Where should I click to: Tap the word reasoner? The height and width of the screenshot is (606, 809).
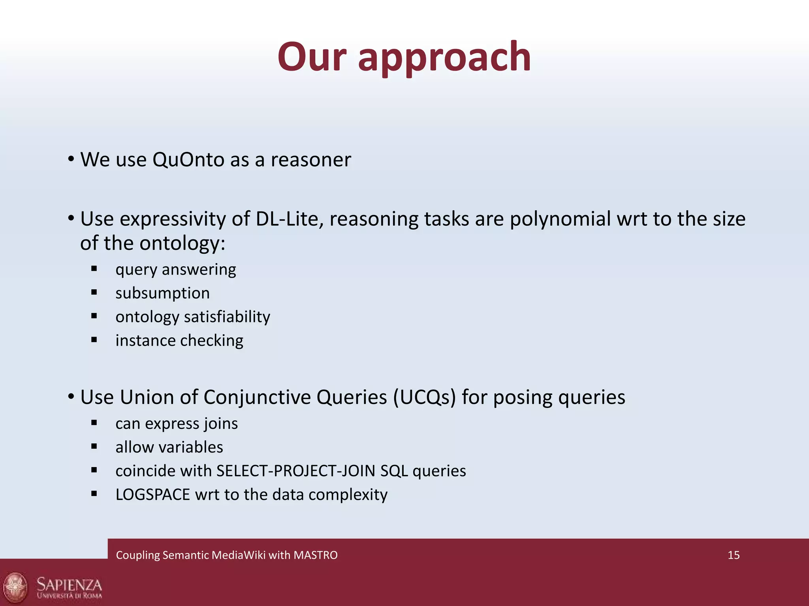pyautogui.click(x=310, y=160)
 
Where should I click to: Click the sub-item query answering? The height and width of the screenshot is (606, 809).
pyautogui.click(x=175, y=270)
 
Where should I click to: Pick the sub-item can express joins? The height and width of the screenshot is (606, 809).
pyautogui.click(x=176, y=424)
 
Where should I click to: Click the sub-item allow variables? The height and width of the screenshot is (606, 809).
pyautogui.click(x=169, y=447)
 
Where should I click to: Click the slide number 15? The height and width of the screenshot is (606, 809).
pyautogui.click(x=733, y=555)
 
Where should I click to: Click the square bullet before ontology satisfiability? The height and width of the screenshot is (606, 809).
pyautogui.click(x=94, y=316)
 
